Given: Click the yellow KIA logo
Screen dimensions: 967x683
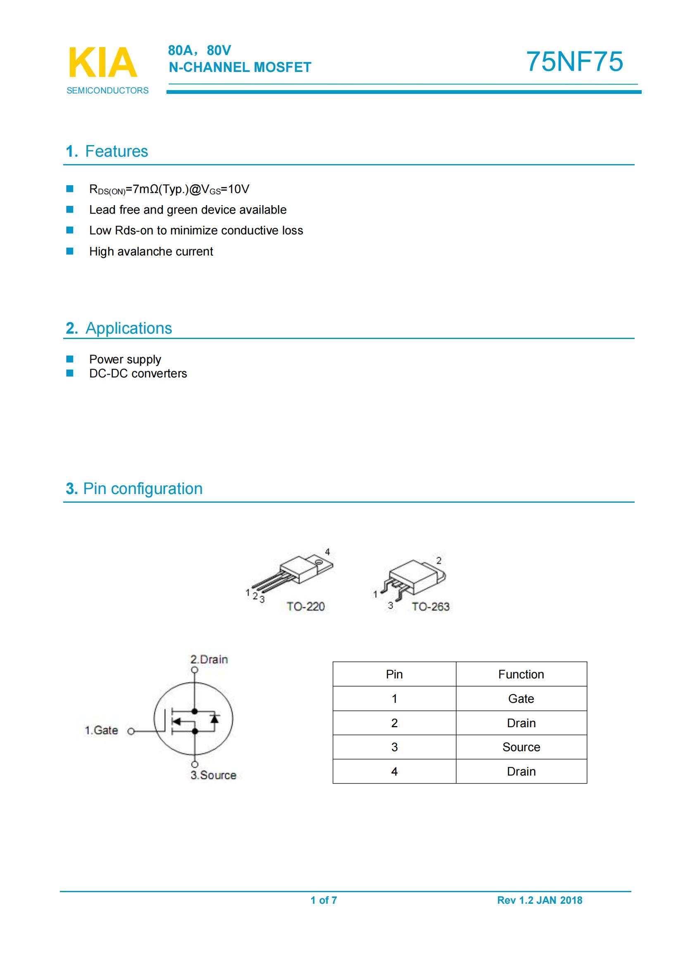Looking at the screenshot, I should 103,63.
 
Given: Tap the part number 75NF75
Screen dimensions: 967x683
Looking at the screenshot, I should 574,62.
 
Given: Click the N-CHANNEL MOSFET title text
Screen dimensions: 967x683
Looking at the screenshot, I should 240,67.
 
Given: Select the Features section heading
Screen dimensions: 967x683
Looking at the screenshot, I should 107,151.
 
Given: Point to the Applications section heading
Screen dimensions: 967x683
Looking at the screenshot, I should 119,328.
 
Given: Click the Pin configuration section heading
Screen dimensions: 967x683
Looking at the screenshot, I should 134,489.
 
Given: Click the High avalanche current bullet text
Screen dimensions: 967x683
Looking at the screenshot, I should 151,251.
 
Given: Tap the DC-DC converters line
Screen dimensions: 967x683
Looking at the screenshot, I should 138,374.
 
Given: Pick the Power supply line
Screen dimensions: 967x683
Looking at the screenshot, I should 125,359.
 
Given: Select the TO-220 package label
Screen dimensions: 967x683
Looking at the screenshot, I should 305,606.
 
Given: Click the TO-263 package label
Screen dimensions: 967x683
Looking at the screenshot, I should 430,606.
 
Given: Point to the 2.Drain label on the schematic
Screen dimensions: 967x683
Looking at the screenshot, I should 209,659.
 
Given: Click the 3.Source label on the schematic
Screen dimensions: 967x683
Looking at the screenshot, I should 213,775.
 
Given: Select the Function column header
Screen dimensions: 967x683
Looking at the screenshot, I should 521,674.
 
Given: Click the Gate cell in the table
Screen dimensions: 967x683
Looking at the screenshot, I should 521,699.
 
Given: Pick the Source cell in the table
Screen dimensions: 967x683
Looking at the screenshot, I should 521,747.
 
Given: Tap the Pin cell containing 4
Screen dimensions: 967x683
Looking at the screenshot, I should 394,771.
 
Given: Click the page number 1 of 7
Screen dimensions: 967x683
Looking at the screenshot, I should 324,900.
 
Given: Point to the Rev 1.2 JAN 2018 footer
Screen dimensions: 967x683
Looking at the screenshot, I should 540,900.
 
